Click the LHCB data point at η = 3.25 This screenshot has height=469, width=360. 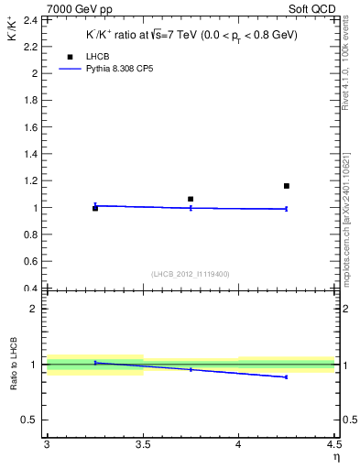94,209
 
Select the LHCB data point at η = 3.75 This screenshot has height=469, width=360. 191,199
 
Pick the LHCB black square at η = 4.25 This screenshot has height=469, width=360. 287,186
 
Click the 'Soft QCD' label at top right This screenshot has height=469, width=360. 311,8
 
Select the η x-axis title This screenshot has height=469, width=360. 335,455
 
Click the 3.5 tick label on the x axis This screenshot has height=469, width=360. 143,444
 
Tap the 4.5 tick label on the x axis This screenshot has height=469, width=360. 333,444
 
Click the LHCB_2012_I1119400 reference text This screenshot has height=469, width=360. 190,274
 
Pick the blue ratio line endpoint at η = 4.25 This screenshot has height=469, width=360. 287,376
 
